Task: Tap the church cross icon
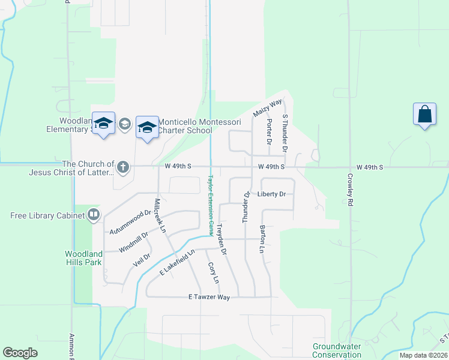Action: (x=123, y=167)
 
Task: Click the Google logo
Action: (x=20, y=353)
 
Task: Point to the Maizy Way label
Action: (x=267, y=108)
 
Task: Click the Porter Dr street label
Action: (x=269, y=131)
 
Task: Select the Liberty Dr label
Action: (x=271, y=194)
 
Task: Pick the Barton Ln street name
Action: (x=262, y=238)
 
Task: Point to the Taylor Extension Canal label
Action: (x=211, y=205)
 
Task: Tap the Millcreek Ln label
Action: (x=160, y=216)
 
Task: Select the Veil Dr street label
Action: (x=141, y=259)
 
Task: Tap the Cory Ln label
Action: (x=212, y=273)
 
